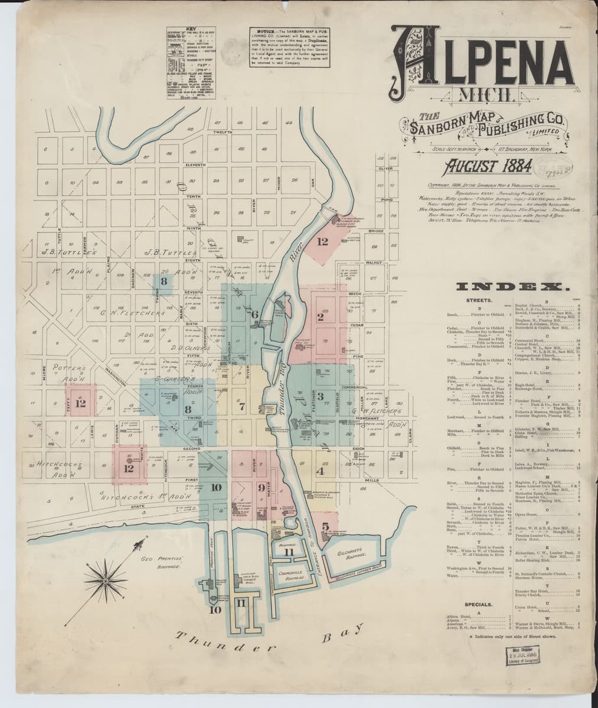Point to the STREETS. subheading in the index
(x=478, y=300)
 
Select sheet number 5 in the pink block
(x=326, y=526)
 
